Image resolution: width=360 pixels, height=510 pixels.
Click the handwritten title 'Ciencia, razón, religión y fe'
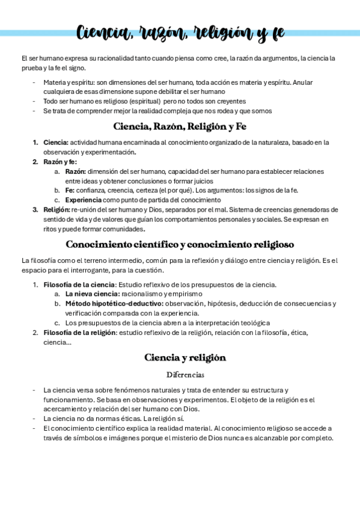[x=180, y=32]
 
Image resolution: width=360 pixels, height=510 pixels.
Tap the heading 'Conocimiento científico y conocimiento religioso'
[x=180, y=245]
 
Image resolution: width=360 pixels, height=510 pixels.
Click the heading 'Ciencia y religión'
[x=185, y=357]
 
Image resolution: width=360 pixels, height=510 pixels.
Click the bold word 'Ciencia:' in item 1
[x=56, y=143]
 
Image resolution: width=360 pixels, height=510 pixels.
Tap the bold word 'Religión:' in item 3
[x=56, y=210]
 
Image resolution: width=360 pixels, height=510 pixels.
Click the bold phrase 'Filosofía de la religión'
[x=81, y=333]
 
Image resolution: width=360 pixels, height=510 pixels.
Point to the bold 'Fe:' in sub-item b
[x=70, y=191]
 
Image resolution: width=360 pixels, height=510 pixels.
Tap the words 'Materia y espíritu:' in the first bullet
[x=68, y=82]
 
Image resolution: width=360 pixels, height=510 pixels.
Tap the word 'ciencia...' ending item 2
[x=57, y=342]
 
